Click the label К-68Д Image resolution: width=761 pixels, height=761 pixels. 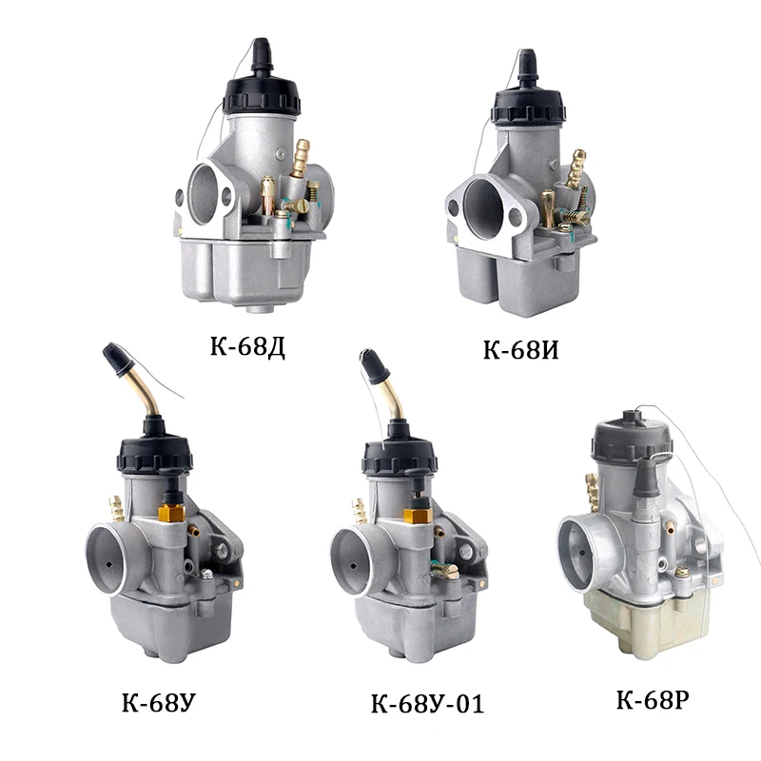tap(247, 347)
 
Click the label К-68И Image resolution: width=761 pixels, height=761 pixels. tap(520, 349)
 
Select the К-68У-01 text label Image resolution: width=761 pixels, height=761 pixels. tap(427, 703)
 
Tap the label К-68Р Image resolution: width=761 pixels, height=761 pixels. tap(653, 699)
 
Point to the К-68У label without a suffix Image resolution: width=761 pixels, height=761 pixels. tap(159, 702)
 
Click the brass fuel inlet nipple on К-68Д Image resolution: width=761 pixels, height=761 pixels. tap(301, 158)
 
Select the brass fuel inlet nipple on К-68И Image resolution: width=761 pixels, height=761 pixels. tap(576, 168)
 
